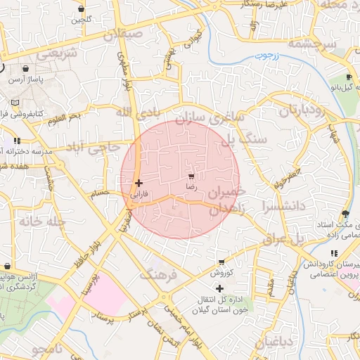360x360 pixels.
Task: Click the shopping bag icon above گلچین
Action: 82,9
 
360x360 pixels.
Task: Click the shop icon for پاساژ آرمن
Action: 27,70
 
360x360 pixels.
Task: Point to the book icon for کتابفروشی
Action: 15,103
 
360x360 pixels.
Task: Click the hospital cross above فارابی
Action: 139,183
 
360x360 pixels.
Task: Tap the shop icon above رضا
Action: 191,176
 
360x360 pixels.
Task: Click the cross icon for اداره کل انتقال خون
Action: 220,288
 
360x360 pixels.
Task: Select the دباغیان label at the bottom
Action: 262,342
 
